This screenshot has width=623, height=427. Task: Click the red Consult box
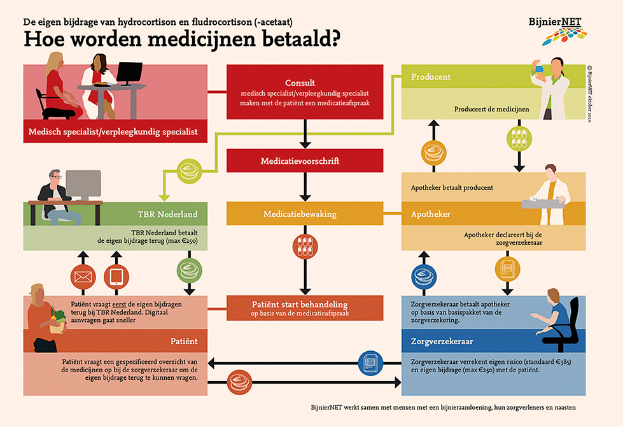click(305, 92)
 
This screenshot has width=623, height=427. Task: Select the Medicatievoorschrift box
click(305, 161)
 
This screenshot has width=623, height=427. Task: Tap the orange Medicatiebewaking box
click(305, 214)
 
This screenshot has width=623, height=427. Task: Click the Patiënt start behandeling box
click(305, 308)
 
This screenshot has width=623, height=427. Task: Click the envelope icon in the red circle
click(83, 277)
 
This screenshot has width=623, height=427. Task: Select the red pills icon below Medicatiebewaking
click(305, 247)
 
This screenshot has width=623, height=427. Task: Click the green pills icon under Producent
click(516, 138)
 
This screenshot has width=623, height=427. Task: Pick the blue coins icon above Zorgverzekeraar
click(423, 277)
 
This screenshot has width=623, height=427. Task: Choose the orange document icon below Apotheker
click(507, 268)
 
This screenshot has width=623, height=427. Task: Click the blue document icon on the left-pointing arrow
click(370, 363)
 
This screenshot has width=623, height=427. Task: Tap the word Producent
click(431, 77)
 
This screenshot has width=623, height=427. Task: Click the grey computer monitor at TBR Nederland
click(83, 185)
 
